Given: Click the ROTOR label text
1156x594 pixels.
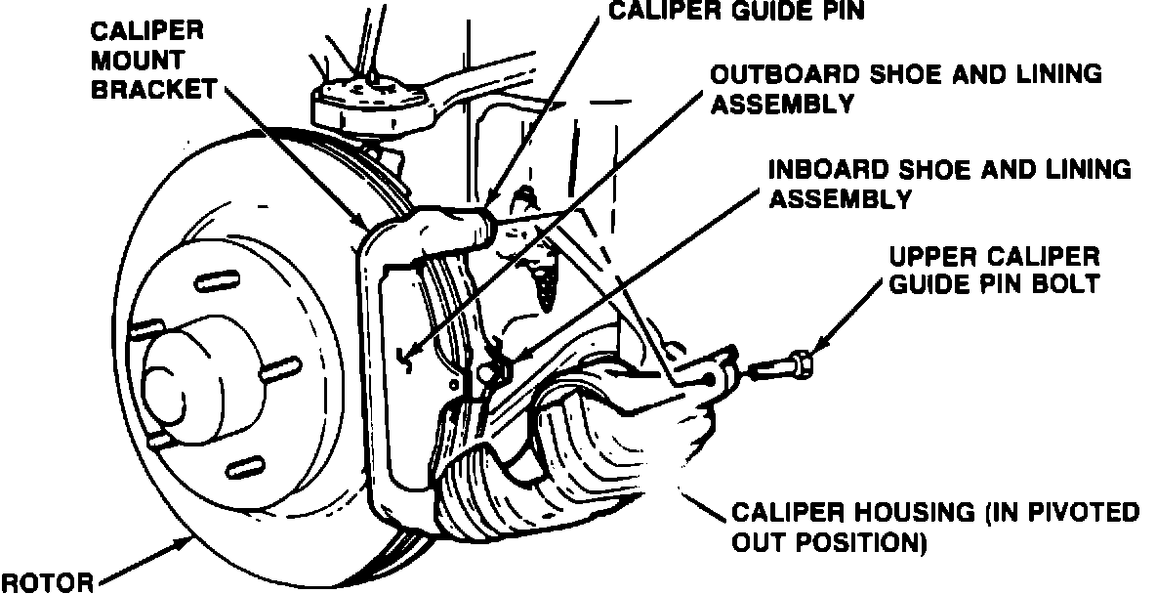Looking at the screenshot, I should tap(47, 583).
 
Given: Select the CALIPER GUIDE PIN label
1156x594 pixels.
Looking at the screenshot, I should tap(736, 12).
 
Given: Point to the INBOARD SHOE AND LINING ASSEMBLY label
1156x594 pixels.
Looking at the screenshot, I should tap(950, 183).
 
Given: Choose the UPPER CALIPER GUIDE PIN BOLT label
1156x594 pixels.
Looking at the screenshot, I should tap(994, 271).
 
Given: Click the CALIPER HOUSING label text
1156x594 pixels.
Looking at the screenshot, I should tap(935, 527).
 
